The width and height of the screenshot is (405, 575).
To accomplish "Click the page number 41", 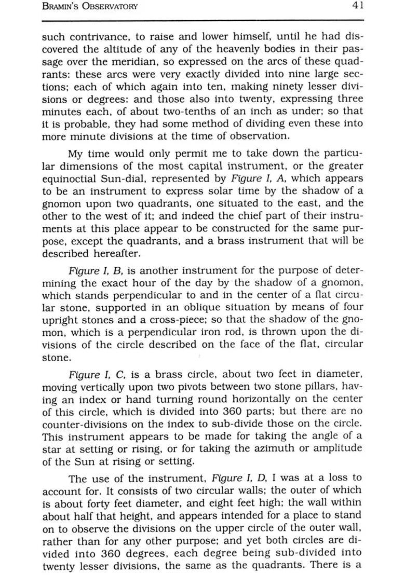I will [x=357, y=6].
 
